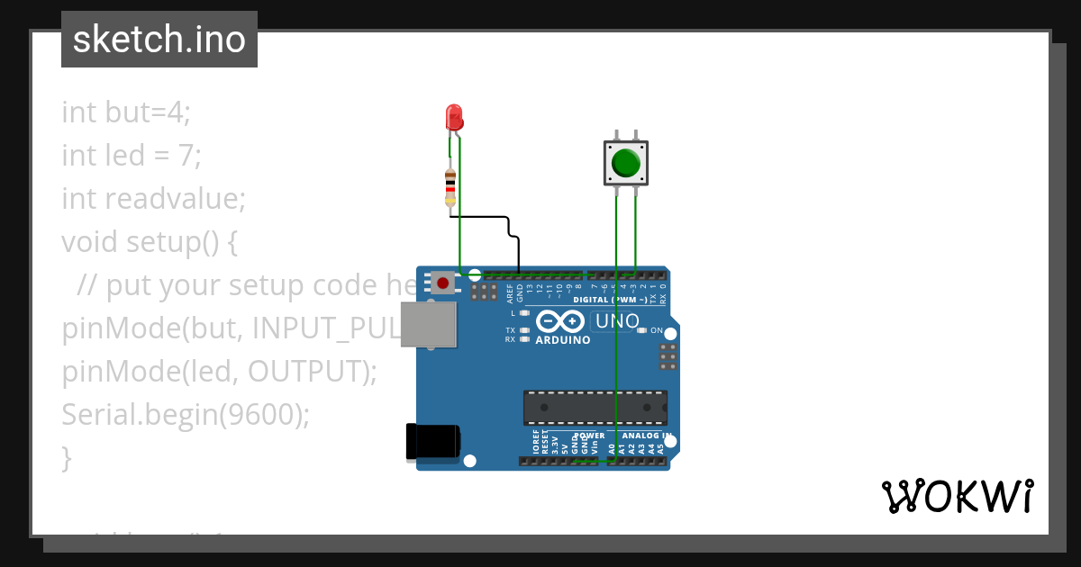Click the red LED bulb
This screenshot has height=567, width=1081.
[454, 116]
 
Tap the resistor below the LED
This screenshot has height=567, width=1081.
[450, 187]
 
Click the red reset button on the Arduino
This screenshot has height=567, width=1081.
[442, 283]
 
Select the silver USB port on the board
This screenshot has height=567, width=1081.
[428, 324]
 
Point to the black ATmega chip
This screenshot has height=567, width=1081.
[595, 407]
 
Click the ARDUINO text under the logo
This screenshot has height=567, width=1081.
[563, 340]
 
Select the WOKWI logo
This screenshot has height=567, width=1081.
[957, 496]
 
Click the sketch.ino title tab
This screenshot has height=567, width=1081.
[159, 40]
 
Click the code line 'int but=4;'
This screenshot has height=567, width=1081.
[126, 112]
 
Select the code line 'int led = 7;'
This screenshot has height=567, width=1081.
[132, 156]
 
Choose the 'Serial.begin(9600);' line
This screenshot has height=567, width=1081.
[186, 414]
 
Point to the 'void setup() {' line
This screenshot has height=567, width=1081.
[150, 241]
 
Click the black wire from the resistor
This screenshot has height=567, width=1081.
[486, 217]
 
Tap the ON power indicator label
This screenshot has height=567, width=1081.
[657, 330]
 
